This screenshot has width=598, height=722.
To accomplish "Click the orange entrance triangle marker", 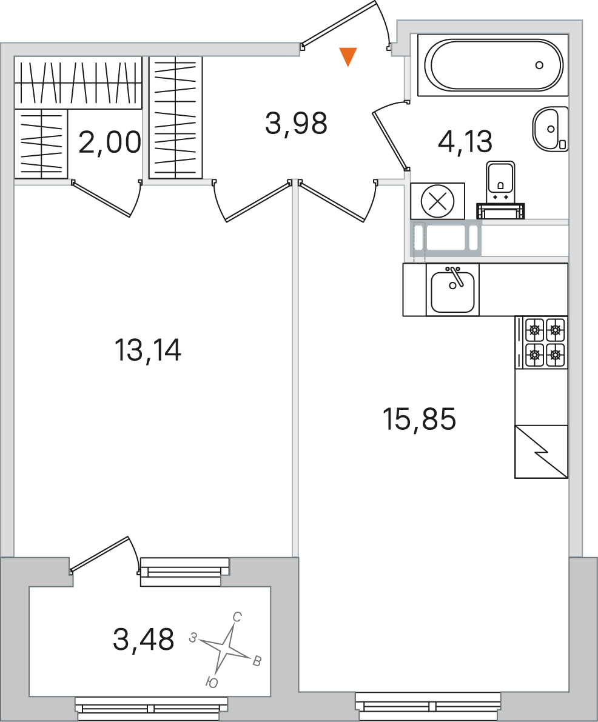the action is pos(348,56).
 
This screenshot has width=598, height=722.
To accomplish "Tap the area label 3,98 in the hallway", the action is pos(296,124).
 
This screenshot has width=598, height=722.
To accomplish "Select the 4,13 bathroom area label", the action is pos(465,141).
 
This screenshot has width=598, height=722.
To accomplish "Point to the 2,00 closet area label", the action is pos(110,142).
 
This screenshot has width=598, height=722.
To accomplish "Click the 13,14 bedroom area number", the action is pos(148,350).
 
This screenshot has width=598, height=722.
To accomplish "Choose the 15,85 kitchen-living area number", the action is pos(419,419).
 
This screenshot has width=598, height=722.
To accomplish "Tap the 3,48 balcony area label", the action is pos(143,640).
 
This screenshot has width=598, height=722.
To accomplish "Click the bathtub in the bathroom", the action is pos(493,65).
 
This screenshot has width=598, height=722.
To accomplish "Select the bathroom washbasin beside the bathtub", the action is pos(550,129).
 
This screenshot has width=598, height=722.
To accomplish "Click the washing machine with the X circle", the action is pos(438,201).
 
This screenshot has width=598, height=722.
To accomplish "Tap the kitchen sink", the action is pos(453,290).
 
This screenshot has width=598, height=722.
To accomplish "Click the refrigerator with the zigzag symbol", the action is pos(542,452).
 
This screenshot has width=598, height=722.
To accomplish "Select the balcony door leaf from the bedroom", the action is pos(99,554).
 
